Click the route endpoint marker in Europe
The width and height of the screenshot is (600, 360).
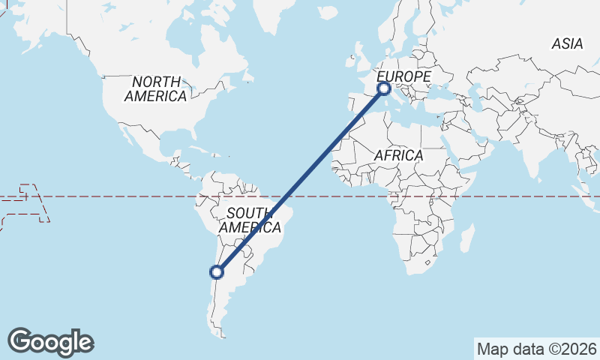click(384, 88)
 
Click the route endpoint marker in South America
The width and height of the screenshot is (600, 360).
click(217, 272)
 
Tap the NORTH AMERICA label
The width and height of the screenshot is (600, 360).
click(156, 88)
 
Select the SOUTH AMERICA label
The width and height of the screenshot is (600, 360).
click(250, 219)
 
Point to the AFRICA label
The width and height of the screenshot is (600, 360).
click(398, 155)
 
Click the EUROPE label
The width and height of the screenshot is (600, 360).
click(403, 77)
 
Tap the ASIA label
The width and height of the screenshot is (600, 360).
click(567, 44)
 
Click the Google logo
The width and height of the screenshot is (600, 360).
click(50, 341)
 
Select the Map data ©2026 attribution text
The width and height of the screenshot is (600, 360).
click(537, 349)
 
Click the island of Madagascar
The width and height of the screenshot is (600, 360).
click(466, 239)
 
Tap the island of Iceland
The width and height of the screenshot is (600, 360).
click(328, 13)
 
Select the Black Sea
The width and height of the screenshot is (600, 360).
click(450, 94)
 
